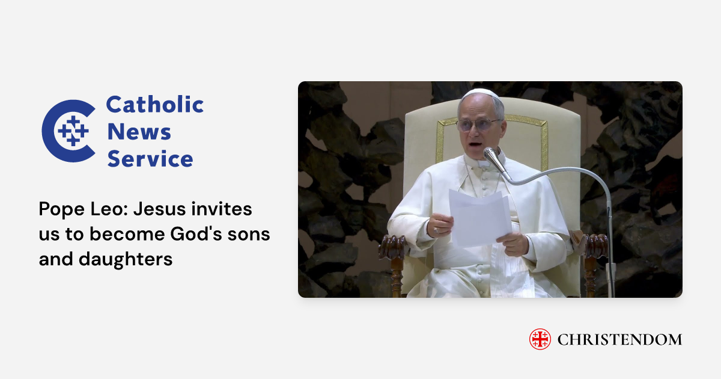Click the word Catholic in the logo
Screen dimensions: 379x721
154,105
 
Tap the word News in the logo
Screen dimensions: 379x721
139,132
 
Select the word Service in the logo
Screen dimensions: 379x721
150,159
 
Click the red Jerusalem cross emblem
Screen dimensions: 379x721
540,339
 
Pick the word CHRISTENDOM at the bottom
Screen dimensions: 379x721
619,340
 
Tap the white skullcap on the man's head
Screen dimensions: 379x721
481,94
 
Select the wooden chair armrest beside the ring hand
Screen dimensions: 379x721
394,246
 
